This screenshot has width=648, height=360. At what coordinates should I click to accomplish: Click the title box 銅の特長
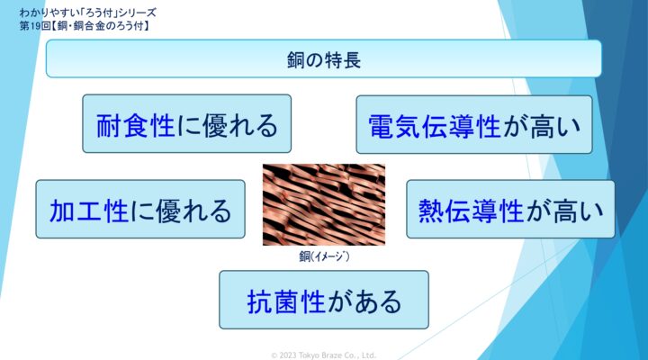(x=324, y=58)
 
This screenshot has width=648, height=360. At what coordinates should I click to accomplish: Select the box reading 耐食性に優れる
(x=187, y=123)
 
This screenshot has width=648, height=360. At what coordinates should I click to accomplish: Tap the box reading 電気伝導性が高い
(x=474, y=124)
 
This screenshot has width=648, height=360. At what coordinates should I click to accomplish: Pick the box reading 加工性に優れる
(x=140, y=209)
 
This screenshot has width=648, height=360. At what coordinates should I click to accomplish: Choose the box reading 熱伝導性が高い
(x=510, y=209)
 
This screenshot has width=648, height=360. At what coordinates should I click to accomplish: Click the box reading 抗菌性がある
(x=324, y=300)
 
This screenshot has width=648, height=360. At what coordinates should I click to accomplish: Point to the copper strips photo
(x=324, y=205)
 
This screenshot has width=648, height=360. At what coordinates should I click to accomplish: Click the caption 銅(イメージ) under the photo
(x=324, y=256)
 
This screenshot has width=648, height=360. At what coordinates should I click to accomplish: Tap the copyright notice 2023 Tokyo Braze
(x=324, y=355)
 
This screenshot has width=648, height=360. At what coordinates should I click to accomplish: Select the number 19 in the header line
(x=35, y=26)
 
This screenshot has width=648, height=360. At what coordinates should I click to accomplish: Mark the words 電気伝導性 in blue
(x=435, y=126)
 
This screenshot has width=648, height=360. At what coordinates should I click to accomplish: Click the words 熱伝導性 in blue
(x=471, y=211)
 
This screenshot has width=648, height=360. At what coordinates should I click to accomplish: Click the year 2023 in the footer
(x=288, y=355)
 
